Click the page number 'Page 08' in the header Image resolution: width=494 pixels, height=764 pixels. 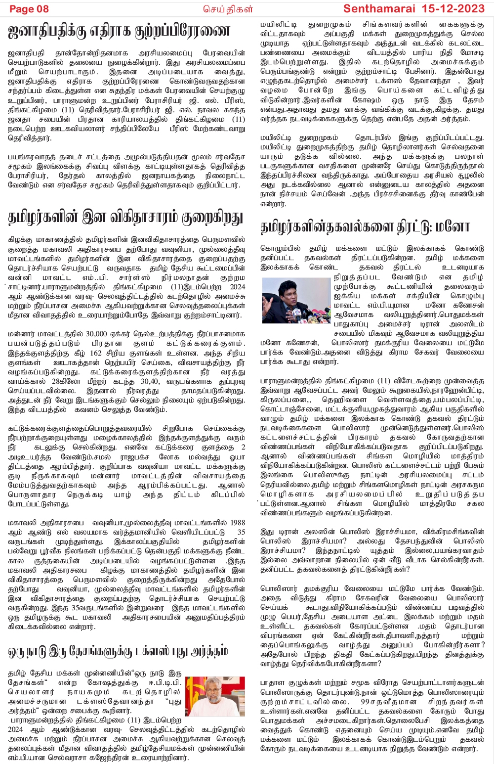[29, 9]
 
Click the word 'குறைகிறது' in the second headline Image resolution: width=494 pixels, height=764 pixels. [212, 218]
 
